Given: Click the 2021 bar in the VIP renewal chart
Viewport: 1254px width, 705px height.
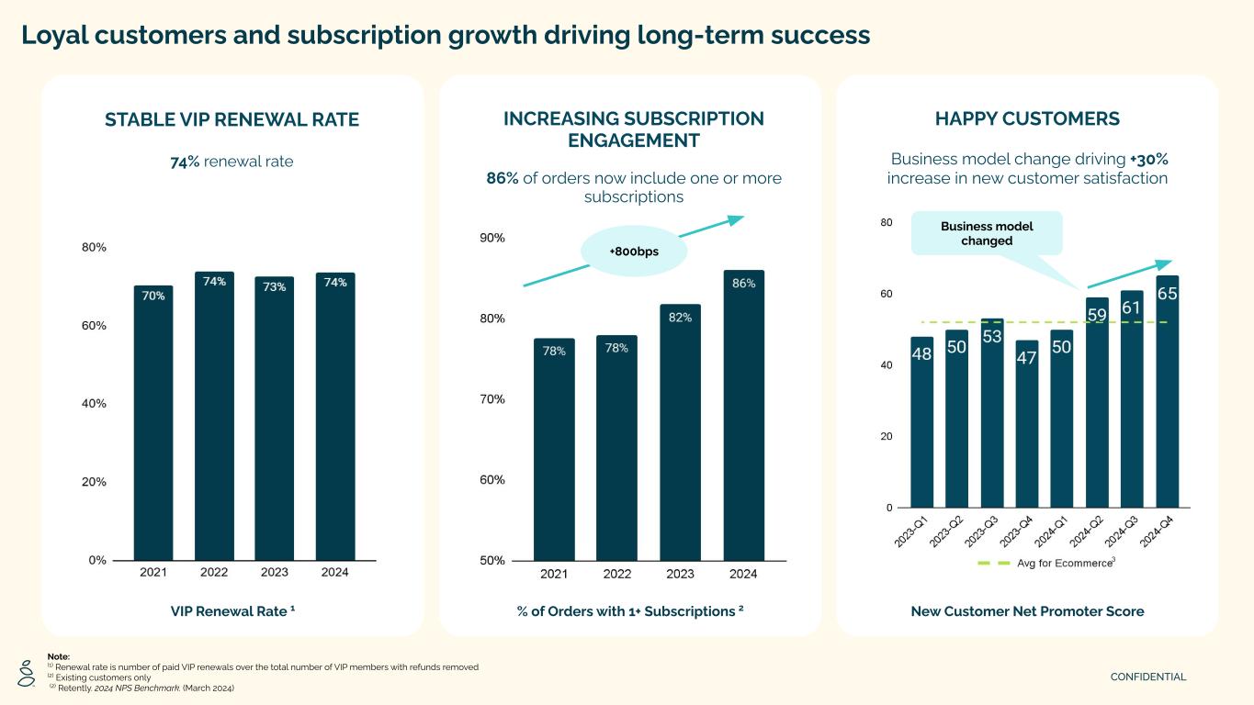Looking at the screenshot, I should click(153, 422).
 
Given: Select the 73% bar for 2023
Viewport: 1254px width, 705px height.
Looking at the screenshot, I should click(275, 418).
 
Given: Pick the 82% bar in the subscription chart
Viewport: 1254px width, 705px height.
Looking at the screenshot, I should click(680, 431).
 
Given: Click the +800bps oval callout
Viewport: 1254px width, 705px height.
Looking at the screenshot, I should click(635, 251).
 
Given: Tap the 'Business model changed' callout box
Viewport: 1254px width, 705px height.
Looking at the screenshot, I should click(987, 233).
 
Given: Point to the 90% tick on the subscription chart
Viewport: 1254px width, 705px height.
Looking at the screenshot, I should click(493, 238).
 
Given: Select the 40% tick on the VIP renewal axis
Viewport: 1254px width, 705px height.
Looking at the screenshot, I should click(95, 403).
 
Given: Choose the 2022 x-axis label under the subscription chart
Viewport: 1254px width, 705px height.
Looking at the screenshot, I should click(617, 575).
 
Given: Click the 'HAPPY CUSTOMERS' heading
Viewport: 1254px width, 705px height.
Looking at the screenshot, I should click(1027, 118).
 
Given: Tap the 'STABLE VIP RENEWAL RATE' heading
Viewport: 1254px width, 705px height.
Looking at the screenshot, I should click(232, 119).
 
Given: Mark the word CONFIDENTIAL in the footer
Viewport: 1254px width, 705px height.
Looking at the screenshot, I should click(1148, 677).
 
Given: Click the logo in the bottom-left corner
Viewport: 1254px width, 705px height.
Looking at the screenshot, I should click(27, 675).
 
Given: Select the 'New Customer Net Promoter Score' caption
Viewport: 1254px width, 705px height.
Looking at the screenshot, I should click(1027, 611).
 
